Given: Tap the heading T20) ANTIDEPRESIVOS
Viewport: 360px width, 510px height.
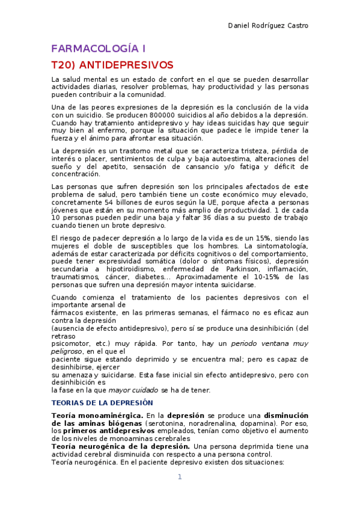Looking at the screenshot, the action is [x=112, y=64].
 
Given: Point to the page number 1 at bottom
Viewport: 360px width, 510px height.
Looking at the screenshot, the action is [x=179, y=477].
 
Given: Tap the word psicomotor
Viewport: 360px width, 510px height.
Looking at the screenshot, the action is [x=70, y=343].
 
